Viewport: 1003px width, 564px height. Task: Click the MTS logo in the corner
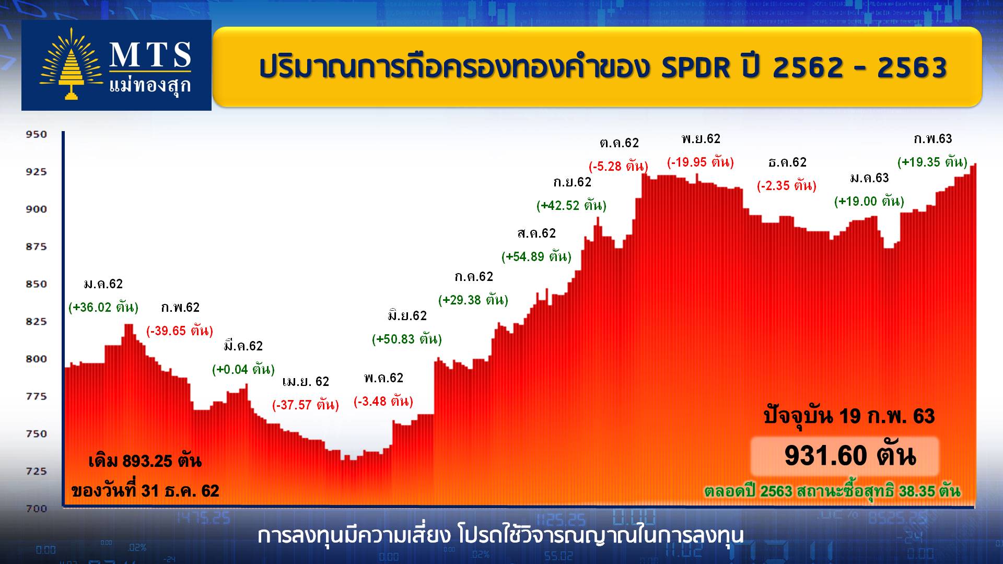116,65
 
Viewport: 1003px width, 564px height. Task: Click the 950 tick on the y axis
37,134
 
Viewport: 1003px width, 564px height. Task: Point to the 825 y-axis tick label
37,321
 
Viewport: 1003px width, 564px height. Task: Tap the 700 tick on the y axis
37,508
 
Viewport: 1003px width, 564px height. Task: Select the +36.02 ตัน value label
103,307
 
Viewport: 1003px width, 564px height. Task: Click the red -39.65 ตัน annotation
180,331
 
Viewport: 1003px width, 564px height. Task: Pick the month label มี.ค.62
243,346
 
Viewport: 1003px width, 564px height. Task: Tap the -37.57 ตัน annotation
306,405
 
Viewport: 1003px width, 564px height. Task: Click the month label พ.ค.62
384,378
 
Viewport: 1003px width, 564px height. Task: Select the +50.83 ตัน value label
407,339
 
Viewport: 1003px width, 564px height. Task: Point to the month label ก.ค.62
474,276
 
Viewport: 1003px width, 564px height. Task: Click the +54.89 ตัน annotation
537,257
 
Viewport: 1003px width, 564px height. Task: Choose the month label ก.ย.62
572,182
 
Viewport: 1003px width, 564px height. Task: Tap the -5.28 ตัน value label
619,167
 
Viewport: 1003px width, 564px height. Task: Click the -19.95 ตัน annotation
701,162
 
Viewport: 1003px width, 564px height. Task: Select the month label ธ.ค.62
787,162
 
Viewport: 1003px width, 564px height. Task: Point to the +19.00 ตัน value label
869,202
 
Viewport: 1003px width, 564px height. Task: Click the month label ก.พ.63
933,138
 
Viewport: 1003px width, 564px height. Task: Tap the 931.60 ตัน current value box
845,456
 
